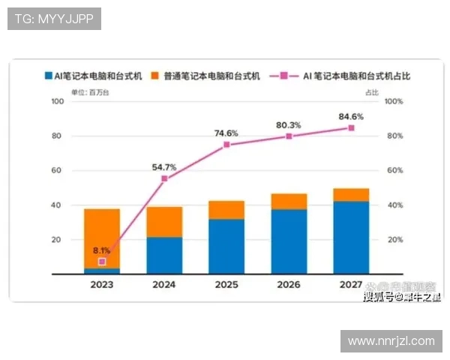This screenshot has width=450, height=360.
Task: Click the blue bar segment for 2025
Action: [x=226, y=246]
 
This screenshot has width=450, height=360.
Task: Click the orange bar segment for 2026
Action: [x=289, y=200]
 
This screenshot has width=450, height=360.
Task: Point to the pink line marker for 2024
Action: [x=164, y=178]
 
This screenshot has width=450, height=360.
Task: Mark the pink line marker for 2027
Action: [x=351, y=128]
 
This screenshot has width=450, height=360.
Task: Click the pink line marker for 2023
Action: [x=102, y=261]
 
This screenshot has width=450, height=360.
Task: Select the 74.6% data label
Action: [x=226, y=133]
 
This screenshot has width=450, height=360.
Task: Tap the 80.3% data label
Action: [x=289, y=124]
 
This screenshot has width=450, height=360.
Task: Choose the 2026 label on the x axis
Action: [x=289, y=286]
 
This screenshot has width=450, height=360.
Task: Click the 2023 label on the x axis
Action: [x=102, y=286]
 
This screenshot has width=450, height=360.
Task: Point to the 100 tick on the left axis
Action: [x=55, y=101]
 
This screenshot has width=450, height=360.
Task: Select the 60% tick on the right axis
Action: [x=395, y=170]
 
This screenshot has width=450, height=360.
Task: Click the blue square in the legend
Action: [x=48, y=76]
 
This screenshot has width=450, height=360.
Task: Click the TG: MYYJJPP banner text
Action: [x=54, y=19]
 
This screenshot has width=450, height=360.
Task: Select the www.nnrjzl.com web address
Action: [x=391, y=341]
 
